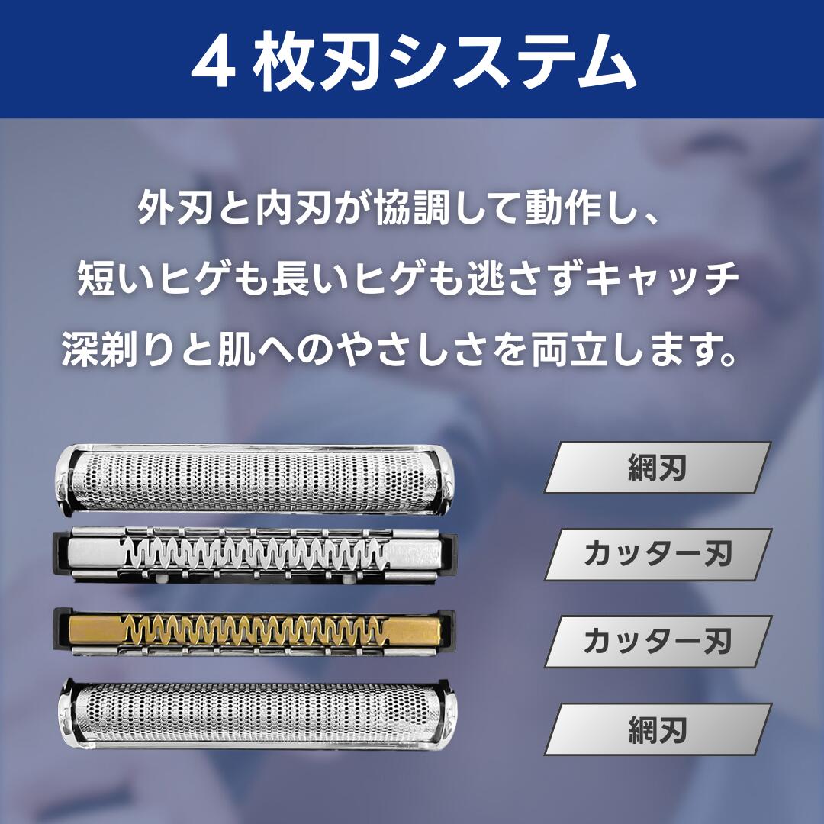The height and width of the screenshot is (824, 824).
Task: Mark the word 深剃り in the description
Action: pyautogui.click(x=111, y=353)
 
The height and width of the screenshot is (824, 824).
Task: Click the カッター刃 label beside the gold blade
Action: pyautogui.click(x=657, y=642)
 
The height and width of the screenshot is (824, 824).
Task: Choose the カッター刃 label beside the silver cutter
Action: pyautogui.click(x=657, y=555)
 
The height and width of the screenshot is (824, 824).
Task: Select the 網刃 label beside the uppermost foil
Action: pyautogui.click(x=657, y=468)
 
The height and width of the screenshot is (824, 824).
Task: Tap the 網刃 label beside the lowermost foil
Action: pyautogui.click(x=657, y=729)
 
